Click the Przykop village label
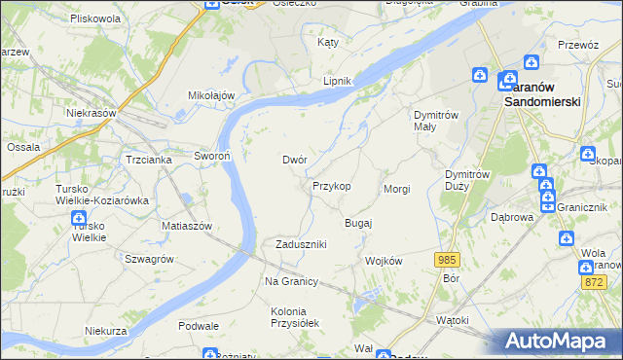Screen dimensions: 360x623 331,185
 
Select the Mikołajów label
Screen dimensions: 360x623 212,95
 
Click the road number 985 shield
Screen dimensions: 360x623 447,259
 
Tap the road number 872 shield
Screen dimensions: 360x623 595,281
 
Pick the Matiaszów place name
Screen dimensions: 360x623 187,225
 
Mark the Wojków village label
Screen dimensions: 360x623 383,261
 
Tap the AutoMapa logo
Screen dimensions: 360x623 560,342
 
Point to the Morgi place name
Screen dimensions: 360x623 397,189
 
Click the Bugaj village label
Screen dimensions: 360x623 358,223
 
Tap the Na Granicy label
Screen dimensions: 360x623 292,281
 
